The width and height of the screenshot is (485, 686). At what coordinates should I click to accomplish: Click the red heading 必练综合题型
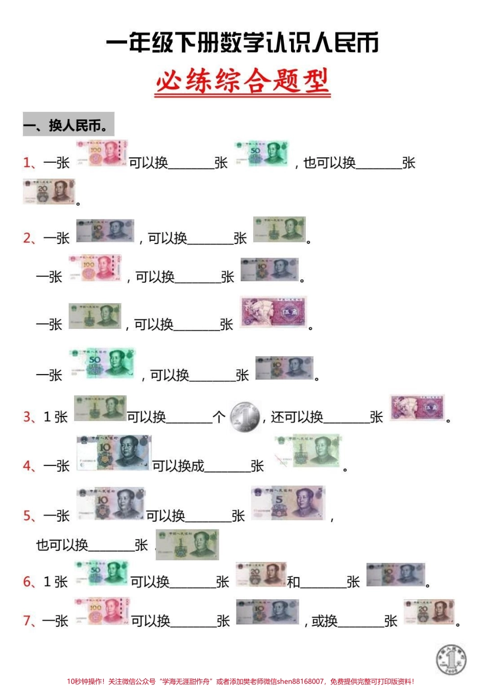pos(243,82)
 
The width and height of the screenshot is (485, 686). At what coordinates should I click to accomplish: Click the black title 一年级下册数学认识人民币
pos(243,43)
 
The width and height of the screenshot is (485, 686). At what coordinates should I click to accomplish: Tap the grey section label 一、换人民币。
pos(68,125)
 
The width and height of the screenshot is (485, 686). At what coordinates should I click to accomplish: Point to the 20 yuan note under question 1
pos(48,192)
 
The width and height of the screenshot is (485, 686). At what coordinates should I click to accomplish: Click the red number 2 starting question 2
pos(28,238)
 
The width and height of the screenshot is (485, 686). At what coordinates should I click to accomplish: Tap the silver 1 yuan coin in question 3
pos(245,417)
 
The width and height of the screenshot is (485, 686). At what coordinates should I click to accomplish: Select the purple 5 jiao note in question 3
pos(417,408)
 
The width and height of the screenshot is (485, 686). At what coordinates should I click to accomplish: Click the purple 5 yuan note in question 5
pos(288,503)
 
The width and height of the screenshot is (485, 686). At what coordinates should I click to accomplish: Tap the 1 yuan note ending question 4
pos(308,451)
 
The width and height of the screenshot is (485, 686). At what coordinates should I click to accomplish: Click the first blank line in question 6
pos(192,586)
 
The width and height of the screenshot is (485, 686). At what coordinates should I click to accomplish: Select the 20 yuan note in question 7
pos(429,612)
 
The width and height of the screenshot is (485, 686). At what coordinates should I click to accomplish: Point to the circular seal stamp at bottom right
pos(451,658)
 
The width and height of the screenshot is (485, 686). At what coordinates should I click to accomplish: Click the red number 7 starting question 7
pos(28,621)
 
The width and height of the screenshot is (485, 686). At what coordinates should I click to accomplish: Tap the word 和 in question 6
pos(293,582)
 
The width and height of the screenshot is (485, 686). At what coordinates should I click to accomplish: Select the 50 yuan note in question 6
pos(101,573)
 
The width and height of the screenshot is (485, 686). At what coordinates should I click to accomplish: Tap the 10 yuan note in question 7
pos(268,611)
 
